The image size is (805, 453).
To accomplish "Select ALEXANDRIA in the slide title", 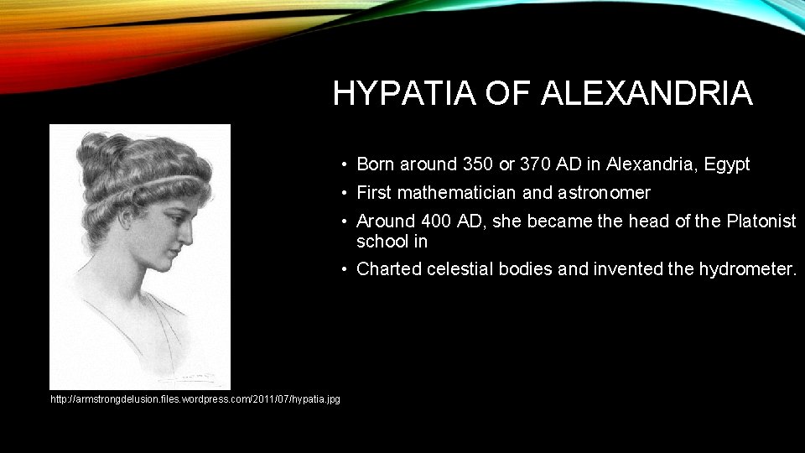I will [647, 93].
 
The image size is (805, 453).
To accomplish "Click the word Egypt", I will [727, 164].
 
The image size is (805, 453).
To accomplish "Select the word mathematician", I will [457, 193].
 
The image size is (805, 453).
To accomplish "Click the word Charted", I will [389, 269].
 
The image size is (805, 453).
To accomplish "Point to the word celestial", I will [462, 269].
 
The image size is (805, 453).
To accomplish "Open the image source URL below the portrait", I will [195, 399].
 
